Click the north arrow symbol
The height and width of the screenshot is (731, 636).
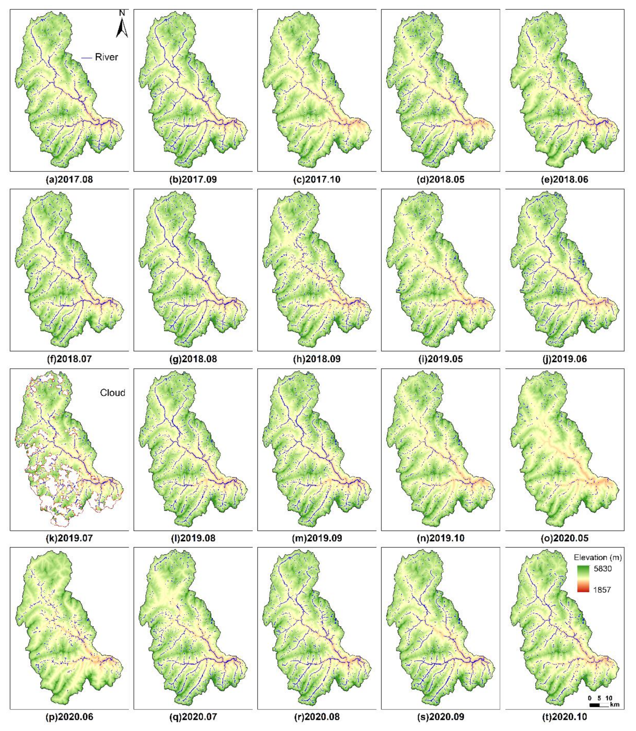pyautogui.click(x=122, y=25)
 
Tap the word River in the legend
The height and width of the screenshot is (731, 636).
pyautogui.click(x=106, y=57)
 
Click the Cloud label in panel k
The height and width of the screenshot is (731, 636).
pyautogui.click(x=112, y=393)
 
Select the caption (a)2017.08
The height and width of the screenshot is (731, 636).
pyautogui.click(x=69, y=180)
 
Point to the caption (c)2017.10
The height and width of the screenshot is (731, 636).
pyautogui.click(x=317, y=180)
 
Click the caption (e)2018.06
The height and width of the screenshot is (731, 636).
pyautogui.click(x=564, y=180)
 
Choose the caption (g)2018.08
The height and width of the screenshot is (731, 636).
pyautogui.click(x=193, y=359)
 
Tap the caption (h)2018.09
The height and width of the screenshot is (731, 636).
pyautogui.click(x=317, y=359)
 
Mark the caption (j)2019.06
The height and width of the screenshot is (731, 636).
pyautogui.click(x=564, y=359)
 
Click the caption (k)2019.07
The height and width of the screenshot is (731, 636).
pyautogui.click(x=69, y=538)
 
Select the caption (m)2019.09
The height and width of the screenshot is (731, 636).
pyautogui.click(x=317, y=538)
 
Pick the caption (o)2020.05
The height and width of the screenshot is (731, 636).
pyautogui.click(x=564, y=538)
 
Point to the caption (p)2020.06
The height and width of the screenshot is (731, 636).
pyautogui.click(x=69, y=717)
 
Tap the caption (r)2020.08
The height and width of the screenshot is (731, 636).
pyautogui.click(x=317, y=717)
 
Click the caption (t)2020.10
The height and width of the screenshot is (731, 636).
pyautogui.click(x=564, y=717)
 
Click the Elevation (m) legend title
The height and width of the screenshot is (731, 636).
pyautogui.click(x=597, y=557)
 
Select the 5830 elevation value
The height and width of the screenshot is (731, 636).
pyautogui.click(x=603, y=569)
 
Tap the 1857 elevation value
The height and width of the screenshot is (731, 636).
pyautogui.click(x=602, y=590)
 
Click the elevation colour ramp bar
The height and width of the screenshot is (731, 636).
pyautogui.click(x=583, y=579)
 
